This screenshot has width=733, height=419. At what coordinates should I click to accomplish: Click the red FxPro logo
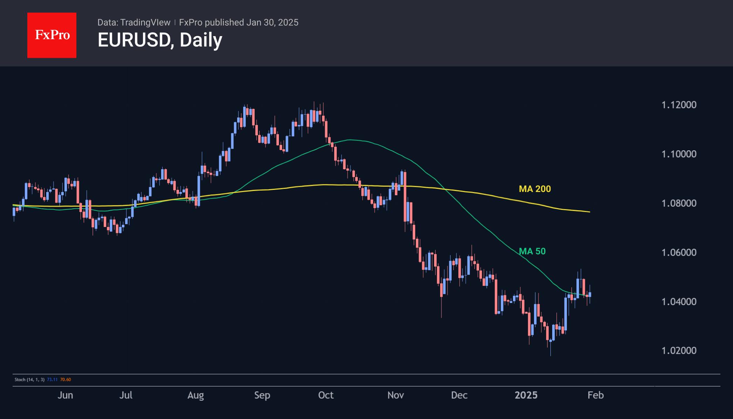point(52,35)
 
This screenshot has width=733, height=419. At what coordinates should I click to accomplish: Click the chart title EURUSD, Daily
point(160,40)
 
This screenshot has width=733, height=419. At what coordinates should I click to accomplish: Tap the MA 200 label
point(535,189)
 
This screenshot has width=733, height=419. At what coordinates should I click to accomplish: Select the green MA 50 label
point(532,251)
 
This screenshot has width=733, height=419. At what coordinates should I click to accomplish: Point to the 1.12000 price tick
point(679,105)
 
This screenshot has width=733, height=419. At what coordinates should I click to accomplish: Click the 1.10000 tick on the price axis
point(679,154)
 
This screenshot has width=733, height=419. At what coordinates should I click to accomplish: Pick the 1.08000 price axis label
point(679,203)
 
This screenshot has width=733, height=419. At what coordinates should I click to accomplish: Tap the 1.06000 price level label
point(679,252)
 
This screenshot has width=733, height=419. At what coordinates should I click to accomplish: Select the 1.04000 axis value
point(679,301)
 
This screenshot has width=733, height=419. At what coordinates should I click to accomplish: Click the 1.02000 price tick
point(679,351)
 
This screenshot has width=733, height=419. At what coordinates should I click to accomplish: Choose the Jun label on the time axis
point(65,395)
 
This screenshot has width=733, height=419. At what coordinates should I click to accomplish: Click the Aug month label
point(196,395)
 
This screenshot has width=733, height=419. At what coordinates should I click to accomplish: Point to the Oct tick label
point(326,395)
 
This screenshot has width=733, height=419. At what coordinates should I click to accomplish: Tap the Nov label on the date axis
point(396,395)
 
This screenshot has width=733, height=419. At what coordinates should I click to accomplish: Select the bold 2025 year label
point(526,395)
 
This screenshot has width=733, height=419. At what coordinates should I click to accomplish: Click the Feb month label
point(596,395)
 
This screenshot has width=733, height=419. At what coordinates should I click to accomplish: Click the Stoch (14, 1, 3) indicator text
point(29,379)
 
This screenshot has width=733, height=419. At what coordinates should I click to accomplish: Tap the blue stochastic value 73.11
point(52,379)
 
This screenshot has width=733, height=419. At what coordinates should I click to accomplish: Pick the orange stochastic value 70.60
point(66,379)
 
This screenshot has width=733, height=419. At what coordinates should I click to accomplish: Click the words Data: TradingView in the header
point(134,22)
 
